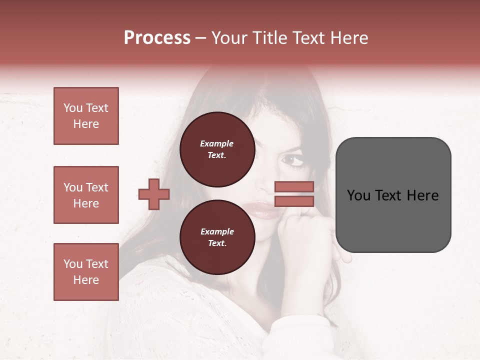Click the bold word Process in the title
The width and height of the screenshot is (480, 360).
(157, 38)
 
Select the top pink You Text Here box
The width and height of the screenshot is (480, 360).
(86, 116)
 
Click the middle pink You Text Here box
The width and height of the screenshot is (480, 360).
(86, 195)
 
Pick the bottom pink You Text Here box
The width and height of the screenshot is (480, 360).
(86, 272)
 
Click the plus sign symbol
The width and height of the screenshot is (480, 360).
(154, 194)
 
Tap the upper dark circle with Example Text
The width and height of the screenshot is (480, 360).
(217, 149)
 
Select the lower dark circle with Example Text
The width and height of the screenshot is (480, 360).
(217, 237)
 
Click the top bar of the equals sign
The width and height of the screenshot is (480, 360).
(294, 187)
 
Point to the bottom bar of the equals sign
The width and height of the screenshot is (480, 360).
(294, 201)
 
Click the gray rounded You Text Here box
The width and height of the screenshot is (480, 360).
(393, 195)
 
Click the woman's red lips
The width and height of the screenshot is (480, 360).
(265, 208)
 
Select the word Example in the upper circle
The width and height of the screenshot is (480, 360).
(217, 143)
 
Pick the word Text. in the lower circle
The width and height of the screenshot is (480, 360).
(217, 243)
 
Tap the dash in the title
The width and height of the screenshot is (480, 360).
(200, 38)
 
